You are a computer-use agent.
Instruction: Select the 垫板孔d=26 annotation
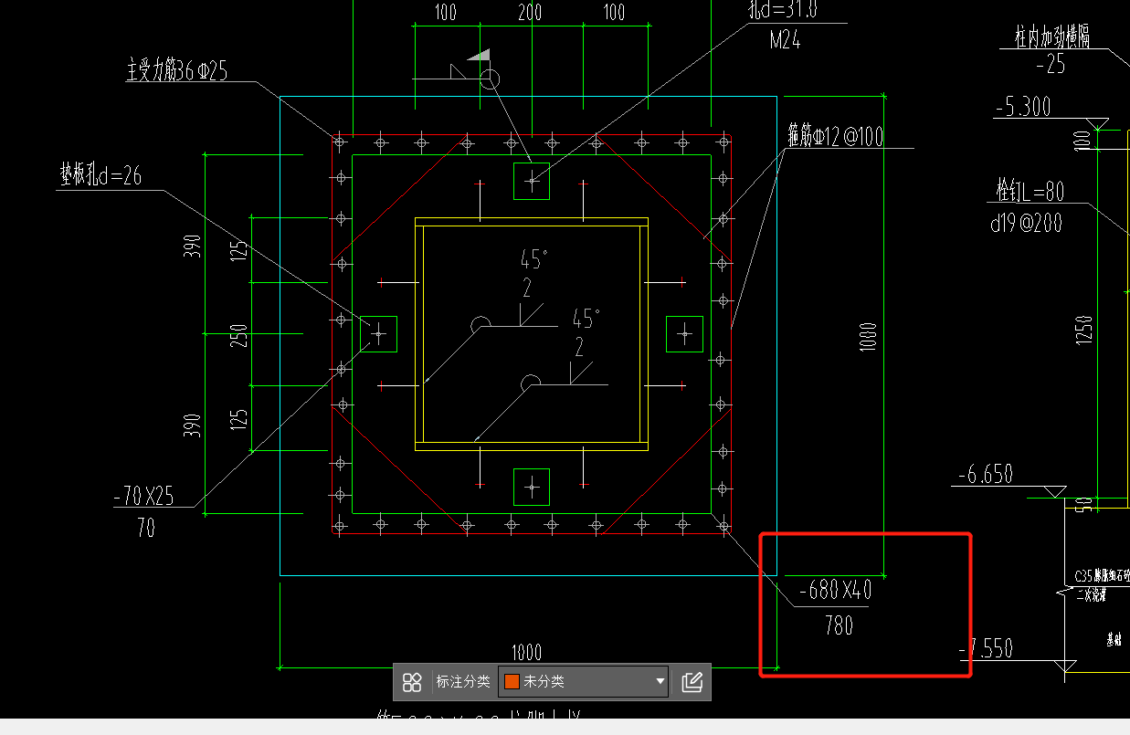point(100,176)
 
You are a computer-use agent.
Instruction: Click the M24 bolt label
point(785,40)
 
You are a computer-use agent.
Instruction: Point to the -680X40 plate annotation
point(834,591)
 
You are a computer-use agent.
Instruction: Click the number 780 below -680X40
point(838,625)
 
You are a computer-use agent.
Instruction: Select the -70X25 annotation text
point(143,496)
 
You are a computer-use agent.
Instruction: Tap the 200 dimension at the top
point(529,12)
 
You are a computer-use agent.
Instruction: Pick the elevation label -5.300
point(1022,107)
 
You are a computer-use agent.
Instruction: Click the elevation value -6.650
point(986,475)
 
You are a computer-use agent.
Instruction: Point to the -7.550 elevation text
point(986,648)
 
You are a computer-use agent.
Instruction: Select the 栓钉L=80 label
point(1030,191)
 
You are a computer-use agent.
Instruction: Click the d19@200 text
point(1027,222)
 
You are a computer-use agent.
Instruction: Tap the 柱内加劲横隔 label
point(1051,37)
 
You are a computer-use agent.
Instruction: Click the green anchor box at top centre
point(532,181)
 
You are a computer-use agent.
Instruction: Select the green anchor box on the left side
point(378,334)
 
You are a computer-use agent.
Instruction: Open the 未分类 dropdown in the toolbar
point(585,681)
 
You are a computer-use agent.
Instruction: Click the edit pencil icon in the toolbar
point(692,681)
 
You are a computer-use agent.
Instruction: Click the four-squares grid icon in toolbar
point(412,681)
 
